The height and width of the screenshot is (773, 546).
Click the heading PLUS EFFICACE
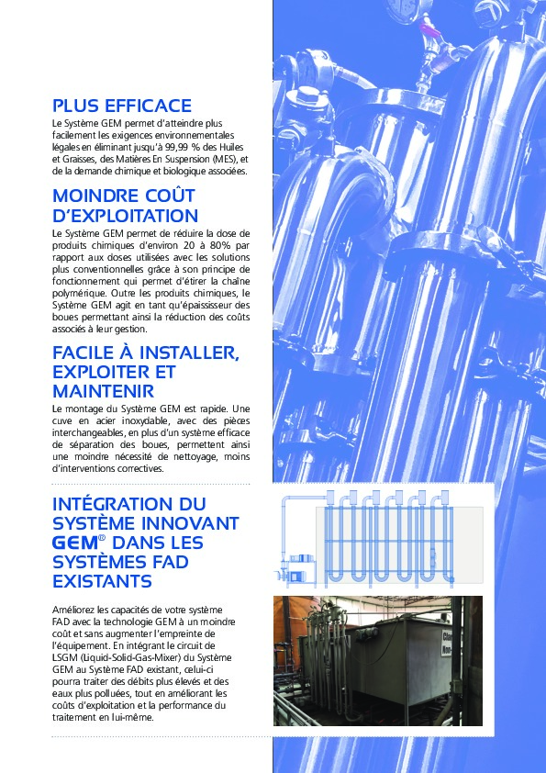pyautogui.click(x=122, y=106)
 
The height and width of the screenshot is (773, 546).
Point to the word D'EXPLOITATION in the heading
pyautogui.click(x=126, y=216)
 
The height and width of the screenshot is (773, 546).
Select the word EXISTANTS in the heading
pyautogui.click(x=103, y=582)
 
